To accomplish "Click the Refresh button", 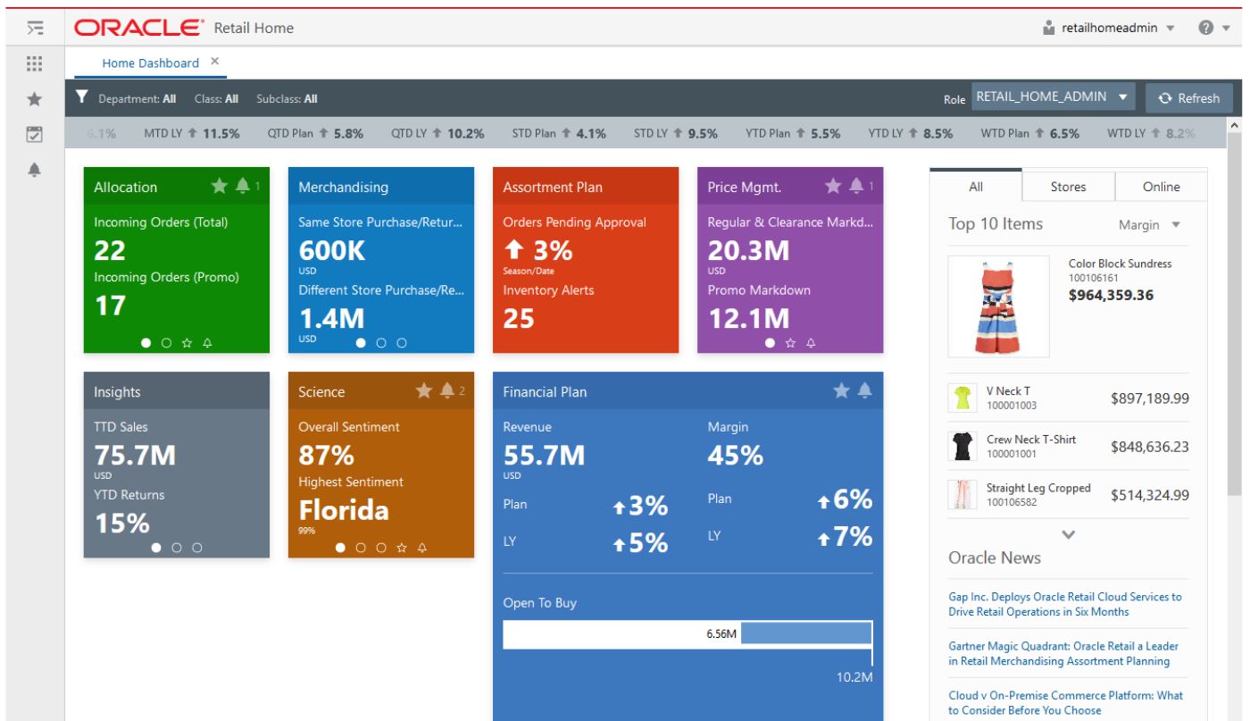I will (1188, 98).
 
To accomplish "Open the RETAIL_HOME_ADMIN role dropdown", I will (1052, 96).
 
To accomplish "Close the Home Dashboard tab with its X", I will (214, 62).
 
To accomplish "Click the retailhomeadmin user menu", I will (1116, 29).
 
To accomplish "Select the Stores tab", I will (1068, 187).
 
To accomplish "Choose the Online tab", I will (1161, 187).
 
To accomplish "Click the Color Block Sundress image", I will (998, 306).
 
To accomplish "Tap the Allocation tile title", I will (126, 187).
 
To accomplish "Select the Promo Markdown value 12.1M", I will (748, 317).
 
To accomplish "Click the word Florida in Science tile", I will (344, 510).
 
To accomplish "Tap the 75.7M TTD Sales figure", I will (135, 455).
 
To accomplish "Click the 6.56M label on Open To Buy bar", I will (721, 633).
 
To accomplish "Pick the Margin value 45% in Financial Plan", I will (735, 456).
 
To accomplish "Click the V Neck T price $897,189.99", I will (1149, 398).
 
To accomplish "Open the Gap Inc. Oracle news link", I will (1064, 604).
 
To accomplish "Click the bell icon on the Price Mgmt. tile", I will (856, 185).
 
